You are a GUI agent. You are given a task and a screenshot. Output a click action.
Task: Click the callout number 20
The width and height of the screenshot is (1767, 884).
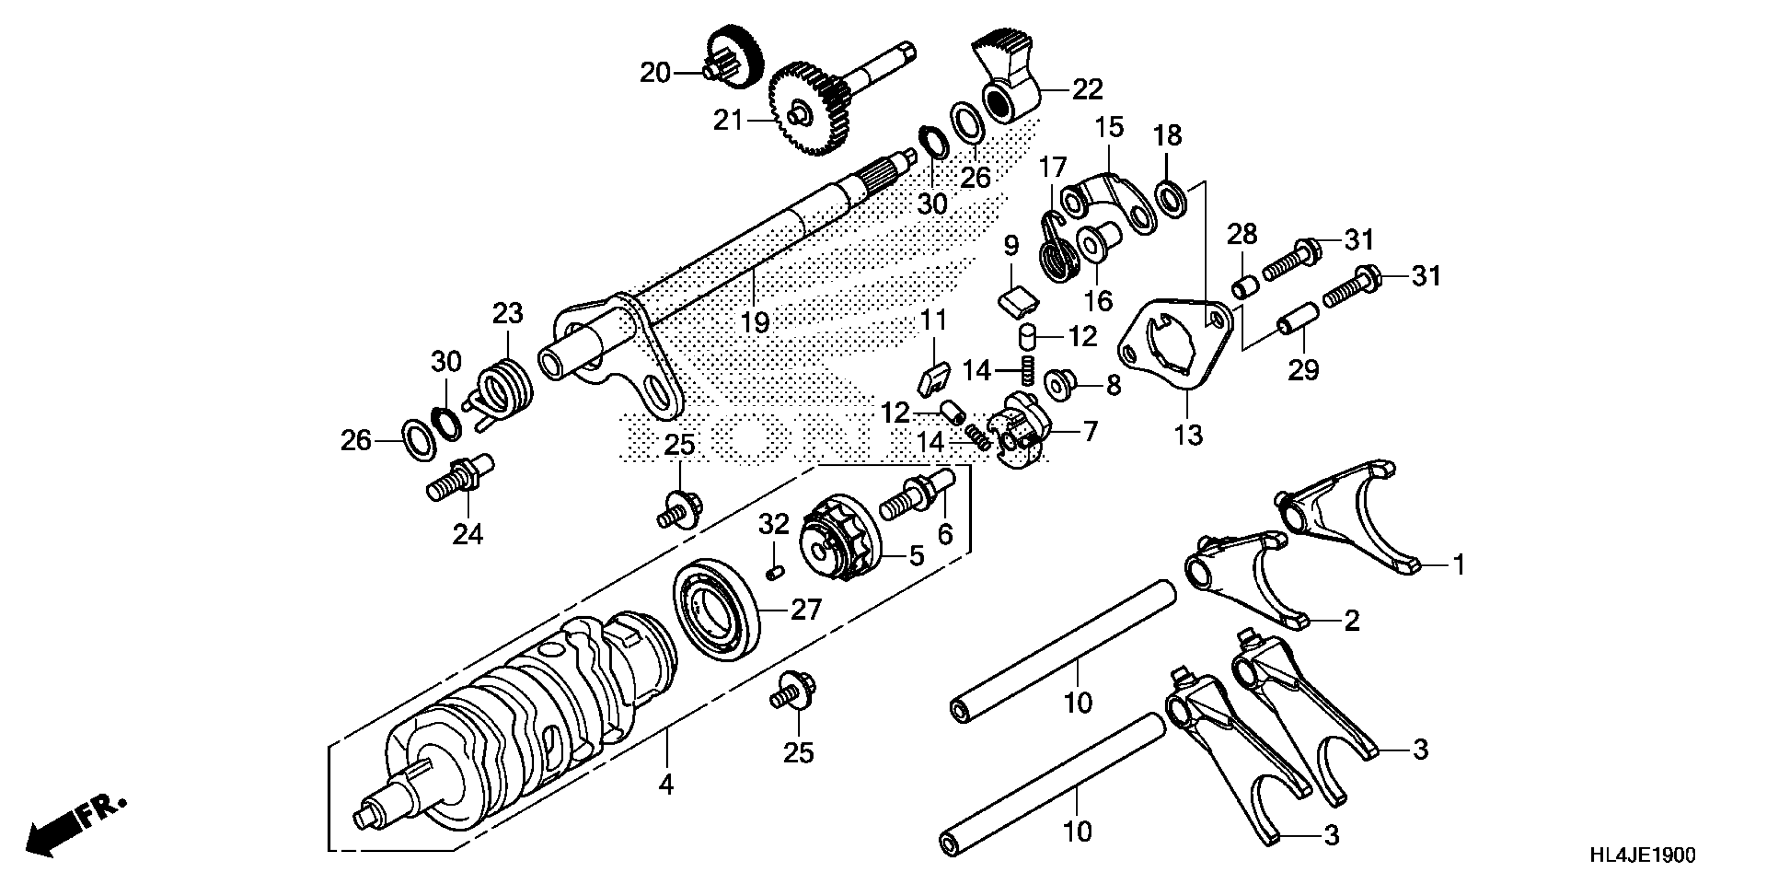[x=654, y=72]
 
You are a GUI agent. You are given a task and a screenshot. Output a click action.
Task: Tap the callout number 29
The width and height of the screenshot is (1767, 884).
[x=1303, y=371]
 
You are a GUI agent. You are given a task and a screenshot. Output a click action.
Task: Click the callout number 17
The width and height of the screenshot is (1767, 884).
[x=1053, y=167]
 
